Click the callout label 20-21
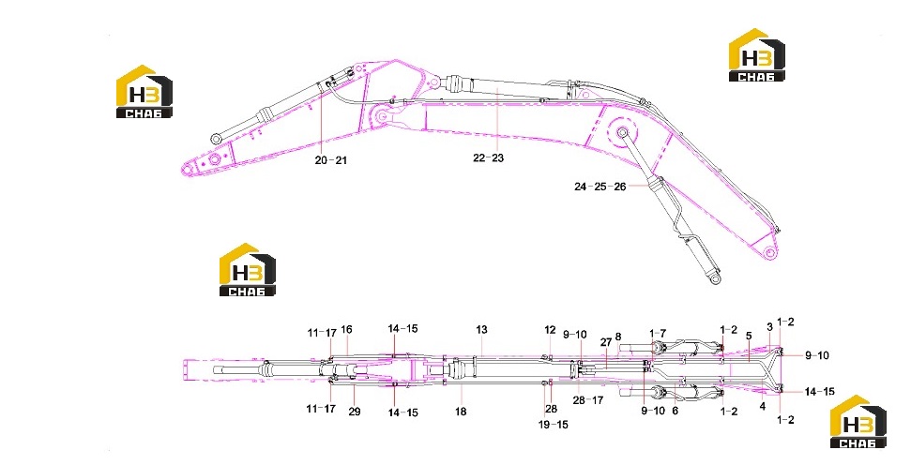pyautogui.click(x=330, y=160)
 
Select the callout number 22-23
pyautogui.click(x=488, y=157)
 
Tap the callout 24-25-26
pyautogui.click(x=600, y=187)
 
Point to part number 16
pyautogui.click(x=346, y=330)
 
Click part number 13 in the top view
pyautogui.click(x=481, y=330)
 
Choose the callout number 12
pyautogui.click(x=550, y=330)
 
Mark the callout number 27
pyautogui.click(x=606, y=342)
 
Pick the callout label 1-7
pyautogui.click(x=658, y=333)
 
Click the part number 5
pyautogui.click(x=749, y=336)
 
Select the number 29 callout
pyautogui.click(x=355, y=412)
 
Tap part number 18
pyautogui.click(x=461, y=412)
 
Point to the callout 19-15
pyautogui.click(x=554, y=425)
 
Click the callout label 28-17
pyautogui.click(x=588, y=400)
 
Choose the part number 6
pyautogui.click(x=675, y=411)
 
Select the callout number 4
pyautogui.click(x=763, y=407)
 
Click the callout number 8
pyautogui.click(x=618, y=337)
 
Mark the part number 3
pyautogui.click(x=770, y=327)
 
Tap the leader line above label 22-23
pyautogui.click(x=498, y=119)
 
